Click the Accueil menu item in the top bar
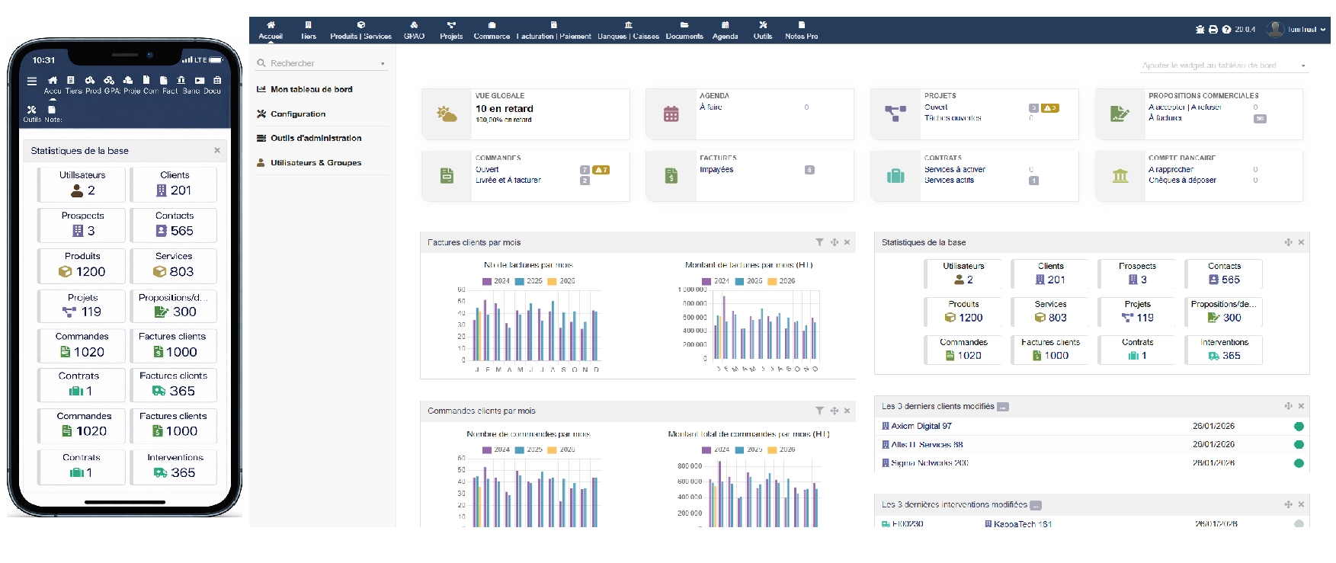pos(271,30)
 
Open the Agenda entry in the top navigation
pos(725,30)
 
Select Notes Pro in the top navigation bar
pos(801,30)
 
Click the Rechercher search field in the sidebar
pos(320,63)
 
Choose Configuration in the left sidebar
pos(297,114)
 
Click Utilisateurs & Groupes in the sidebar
pos(315,163)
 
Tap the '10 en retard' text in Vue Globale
pos(504,109)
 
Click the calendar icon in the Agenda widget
pos(671,114)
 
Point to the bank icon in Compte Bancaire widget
pos(1120,176)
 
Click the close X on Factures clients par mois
pos(847,242)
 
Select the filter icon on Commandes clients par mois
pos(819,411)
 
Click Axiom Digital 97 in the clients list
pos(921,427)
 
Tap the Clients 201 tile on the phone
pos(175,184)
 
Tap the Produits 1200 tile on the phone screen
pos(82,266)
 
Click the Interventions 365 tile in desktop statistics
pos(1224,350)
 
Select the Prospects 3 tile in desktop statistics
pos(1137,274)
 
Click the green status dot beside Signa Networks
pos(1299,463)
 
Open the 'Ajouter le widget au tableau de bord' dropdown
pos(1223,66)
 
